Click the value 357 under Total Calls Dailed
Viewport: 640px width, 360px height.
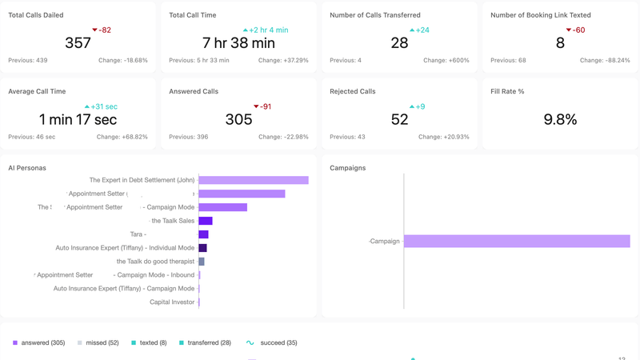pos(78,43)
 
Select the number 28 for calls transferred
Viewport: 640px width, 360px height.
pos(399,43)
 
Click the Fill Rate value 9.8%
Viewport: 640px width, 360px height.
pos(560,119)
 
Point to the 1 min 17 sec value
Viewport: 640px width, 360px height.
pos(78,119)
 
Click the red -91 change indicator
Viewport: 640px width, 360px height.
pos(262,106)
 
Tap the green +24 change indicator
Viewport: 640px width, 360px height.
pos(419,30)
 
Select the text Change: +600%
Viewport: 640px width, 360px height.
pos(446,61)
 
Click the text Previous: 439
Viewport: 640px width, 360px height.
pos(28,61)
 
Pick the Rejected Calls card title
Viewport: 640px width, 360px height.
pos(353,92)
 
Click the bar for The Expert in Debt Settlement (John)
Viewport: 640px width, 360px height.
pos(253,180)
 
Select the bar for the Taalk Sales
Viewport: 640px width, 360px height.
pos(206,221)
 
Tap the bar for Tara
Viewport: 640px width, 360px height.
pos(203,234)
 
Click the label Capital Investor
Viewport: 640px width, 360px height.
pos(172,302)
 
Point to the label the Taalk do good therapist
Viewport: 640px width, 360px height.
pos(155,262)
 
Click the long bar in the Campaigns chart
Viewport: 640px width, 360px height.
pos(517,241)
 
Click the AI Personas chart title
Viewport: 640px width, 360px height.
pos(27,168)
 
